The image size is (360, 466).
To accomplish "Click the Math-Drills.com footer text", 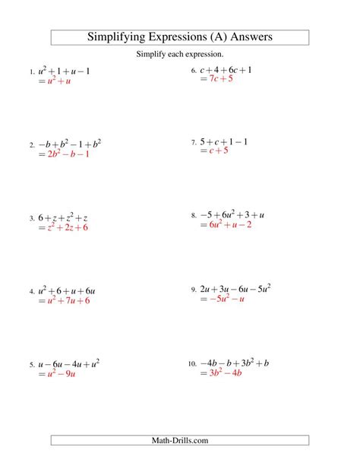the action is (x=180, y=440).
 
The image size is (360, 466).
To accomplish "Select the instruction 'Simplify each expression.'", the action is (x=180, y=55).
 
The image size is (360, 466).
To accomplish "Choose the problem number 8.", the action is (x=194, y=217).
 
